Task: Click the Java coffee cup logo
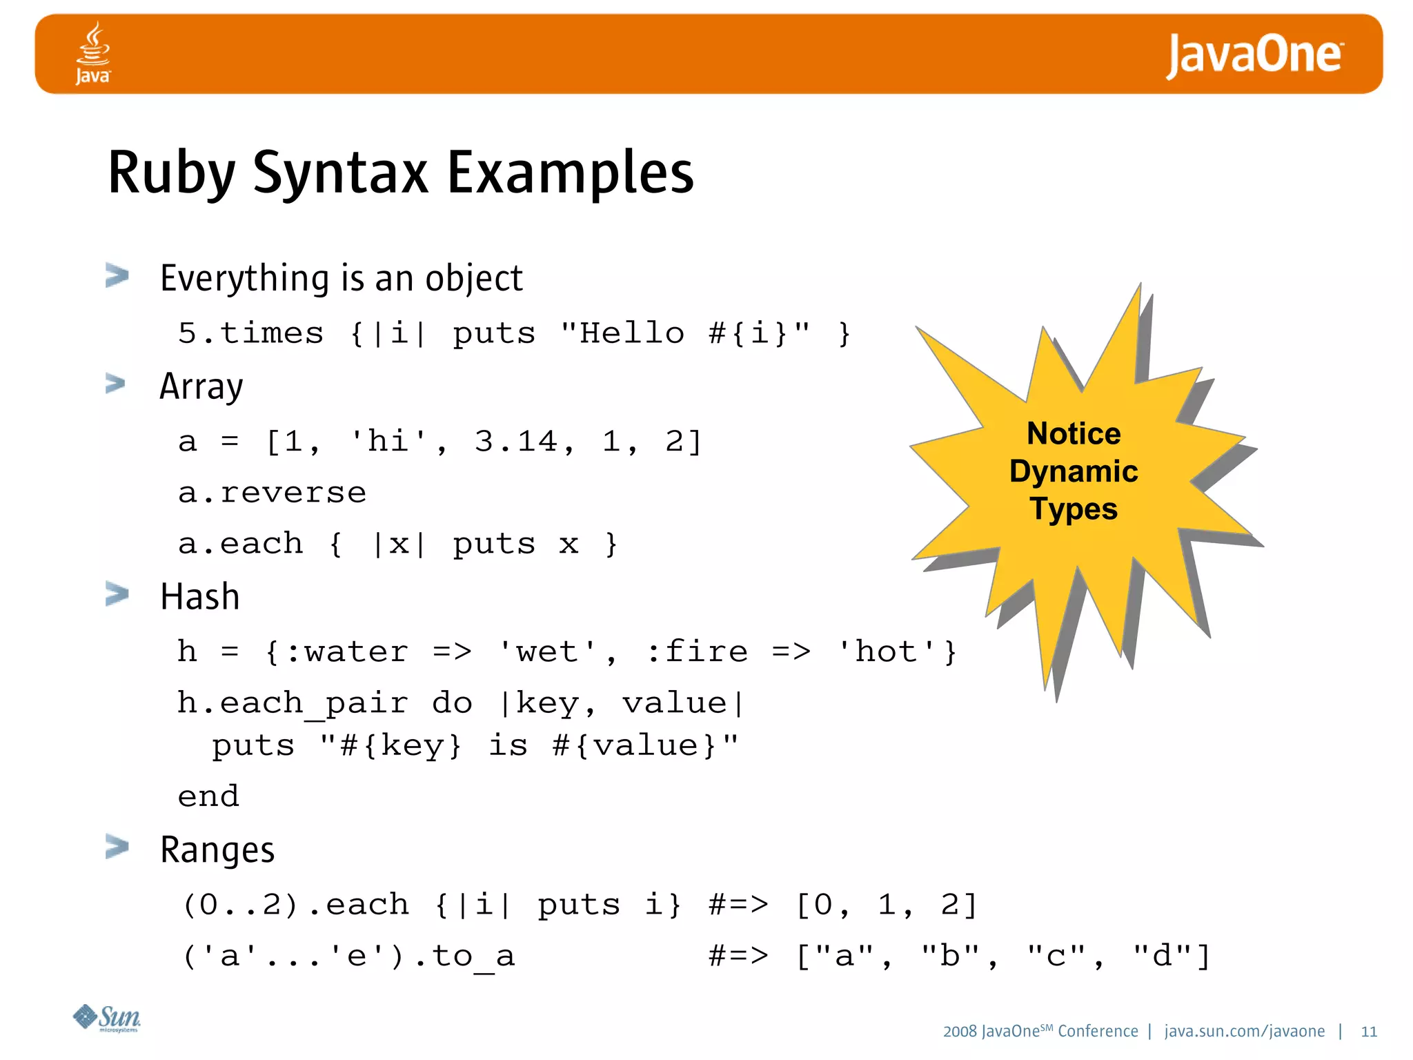point(93,52)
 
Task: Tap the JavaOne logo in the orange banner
point(1254,55)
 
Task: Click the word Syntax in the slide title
point(341,173)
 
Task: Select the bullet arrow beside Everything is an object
point(117,275)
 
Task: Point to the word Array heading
point(201,386)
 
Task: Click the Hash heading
point(199,597)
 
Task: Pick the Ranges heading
point(217,850)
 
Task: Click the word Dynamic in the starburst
point(1074,472)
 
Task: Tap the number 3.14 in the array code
point(515,442)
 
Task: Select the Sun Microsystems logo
point(107,1018)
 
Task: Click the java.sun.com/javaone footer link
point(1244,1032)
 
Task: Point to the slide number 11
point(1369,1032)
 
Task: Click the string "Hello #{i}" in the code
point(685,334)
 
